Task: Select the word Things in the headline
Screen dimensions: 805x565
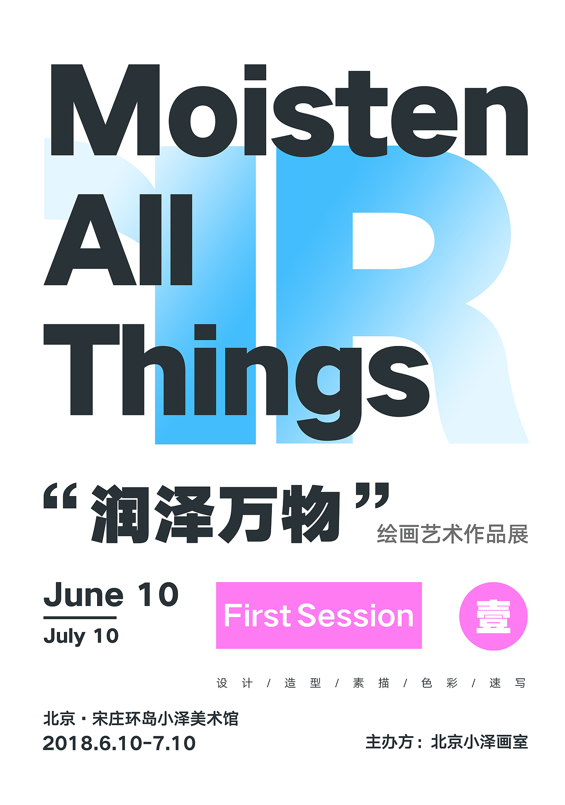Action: tap(236, 375)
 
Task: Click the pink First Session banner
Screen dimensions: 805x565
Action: tap(319, 615)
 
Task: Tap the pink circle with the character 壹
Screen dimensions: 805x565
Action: tap(493, 616)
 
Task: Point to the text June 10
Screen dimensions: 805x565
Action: tap(111, 594)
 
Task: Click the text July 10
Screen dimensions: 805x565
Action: tap(81, 636)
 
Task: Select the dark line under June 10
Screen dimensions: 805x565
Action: tap(80, 617)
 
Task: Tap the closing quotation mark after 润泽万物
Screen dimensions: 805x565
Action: tap(373, 495)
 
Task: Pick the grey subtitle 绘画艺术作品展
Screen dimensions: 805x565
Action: tap(452, 534)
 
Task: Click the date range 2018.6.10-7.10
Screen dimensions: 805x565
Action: tap(119, 743)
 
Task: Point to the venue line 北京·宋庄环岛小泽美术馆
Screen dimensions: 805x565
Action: tap(141, 718)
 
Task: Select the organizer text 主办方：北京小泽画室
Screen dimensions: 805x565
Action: tap(446, 742)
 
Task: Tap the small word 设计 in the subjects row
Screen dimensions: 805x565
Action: tap(234, 683)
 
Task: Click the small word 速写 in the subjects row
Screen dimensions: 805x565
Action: tap(508, 683)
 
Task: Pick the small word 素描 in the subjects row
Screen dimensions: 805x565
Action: tap(371, 683)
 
